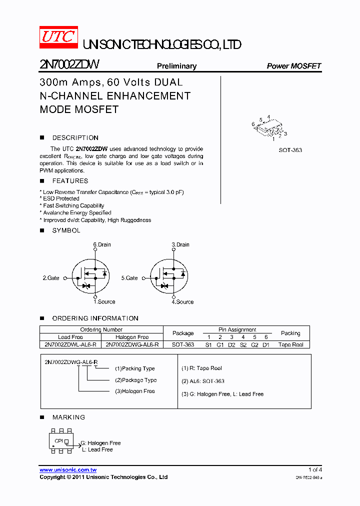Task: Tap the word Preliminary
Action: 176,66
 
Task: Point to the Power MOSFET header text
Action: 293,66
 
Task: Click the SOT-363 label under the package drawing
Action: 290,150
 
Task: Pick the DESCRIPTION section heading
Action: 75,137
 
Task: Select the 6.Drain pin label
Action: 102,244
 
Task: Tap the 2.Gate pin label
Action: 51,277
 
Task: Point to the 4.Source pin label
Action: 182,302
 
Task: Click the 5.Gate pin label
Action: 129,277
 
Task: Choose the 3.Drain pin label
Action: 180,244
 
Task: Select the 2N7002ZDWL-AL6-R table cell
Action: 70,344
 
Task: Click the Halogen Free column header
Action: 132,337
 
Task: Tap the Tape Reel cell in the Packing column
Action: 290,344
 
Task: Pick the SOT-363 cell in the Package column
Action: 183,344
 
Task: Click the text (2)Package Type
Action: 135,380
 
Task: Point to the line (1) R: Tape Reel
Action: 201,368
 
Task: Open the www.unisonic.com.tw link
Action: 68,469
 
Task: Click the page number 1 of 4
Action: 315,469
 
